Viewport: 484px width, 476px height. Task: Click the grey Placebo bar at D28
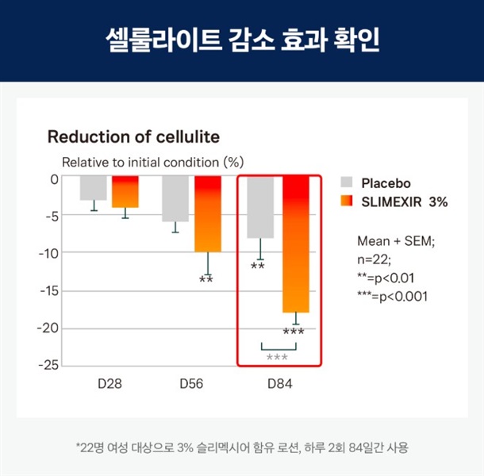(x=93, y=188)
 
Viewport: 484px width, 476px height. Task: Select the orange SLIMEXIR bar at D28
(x=125, y=192)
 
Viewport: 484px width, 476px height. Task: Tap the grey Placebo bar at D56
(x=175, y=198)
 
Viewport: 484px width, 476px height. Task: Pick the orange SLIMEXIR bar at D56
(x=208, y=214)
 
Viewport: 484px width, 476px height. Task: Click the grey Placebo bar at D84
(x=260, y=207)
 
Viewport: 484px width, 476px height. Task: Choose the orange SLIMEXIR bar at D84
(x=295, y=244)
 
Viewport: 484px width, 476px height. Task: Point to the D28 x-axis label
(x=109, y=383)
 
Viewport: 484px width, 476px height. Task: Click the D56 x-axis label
(x=191, y=383)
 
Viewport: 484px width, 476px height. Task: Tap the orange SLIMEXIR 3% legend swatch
(x=346, y=202)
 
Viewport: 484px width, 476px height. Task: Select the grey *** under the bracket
(x=277, y=358)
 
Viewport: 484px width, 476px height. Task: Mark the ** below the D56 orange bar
(x=206, y=279)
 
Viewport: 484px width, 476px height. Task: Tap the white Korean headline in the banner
(x=242, y=40)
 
